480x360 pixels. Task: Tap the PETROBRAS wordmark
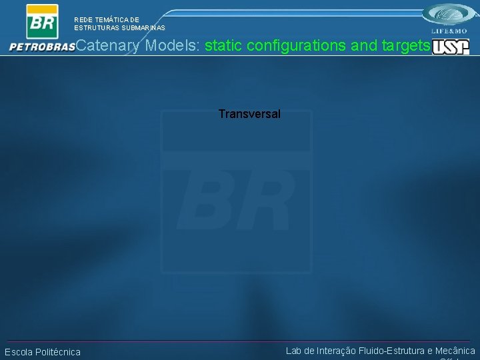click(41, 47)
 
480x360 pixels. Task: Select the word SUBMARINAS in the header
click(142, 28)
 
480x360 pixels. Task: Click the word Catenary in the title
click(108, 45)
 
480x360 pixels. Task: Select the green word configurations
click(294, 45)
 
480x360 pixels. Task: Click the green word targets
click(406, 45)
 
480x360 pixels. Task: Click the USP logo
click(451, 47)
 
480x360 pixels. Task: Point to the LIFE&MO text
click(449, 31)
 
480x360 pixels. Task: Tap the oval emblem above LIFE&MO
click(449, 15)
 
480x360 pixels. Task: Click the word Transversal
click(249, 114)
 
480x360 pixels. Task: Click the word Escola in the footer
click(19, 352)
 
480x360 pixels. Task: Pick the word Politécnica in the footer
click(59, 352)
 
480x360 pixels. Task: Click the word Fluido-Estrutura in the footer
click(391, 351)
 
